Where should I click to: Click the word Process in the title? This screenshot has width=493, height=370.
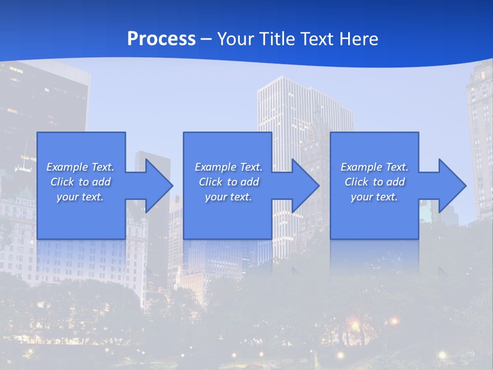click(x=161, y=39)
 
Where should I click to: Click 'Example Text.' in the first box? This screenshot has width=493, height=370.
click(x=80, y=167)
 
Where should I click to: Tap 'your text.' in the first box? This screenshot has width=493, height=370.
click(x=80, y=197)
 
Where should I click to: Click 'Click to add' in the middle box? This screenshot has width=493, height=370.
click(x=229, y=182)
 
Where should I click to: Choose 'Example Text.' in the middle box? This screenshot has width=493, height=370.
click(x=229, y=167)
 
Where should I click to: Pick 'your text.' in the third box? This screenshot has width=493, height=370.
click(x=374, y=197)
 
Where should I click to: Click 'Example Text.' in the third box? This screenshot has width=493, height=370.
click(x=374, y=167)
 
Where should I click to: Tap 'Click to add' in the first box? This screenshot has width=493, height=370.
click(x=80, y=182)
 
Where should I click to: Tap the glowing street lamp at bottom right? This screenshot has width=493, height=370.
click(x=442, y=355)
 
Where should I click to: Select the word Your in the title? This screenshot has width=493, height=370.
click(x=237, y=39)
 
